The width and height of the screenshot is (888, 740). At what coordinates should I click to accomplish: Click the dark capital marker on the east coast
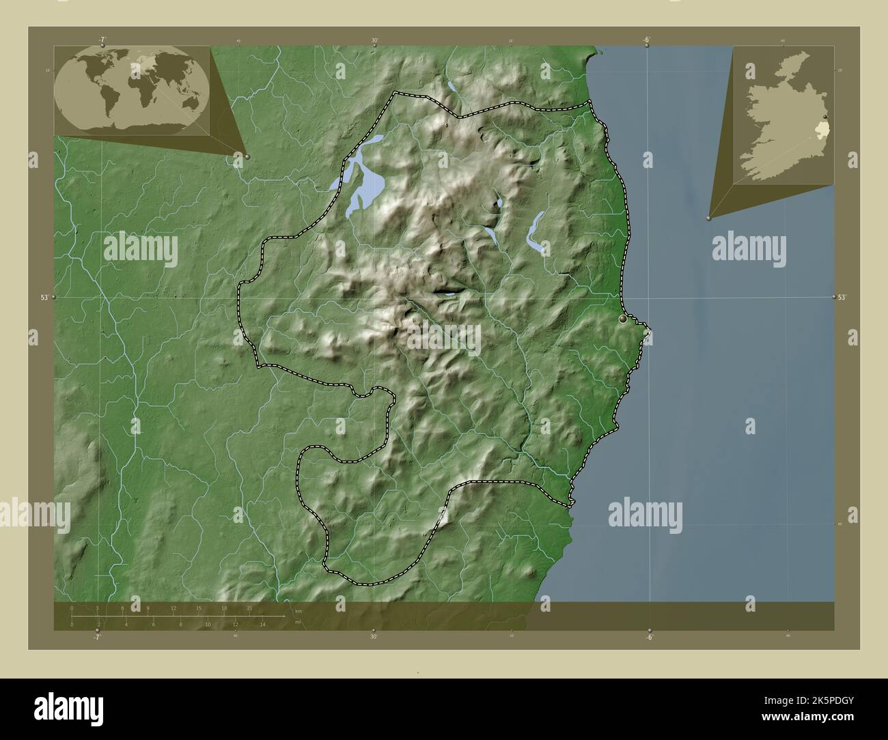622,319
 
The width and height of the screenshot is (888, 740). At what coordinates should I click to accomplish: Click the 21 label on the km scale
249,608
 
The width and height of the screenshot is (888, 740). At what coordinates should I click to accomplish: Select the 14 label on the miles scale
262,624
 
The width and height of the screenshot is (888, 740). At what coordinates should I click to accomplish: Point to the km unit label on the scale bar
298,611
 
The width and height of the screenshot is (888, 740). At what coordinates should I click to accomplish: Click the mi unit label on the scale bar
298,622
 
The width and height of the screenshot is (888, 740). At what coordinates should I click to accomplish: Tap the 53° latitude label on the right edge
842,297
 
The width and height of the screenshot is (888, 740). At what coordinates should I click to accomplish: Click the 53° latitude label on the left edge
44,298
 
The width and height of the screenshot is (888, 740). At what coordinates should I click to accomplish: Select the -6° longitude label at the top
646,39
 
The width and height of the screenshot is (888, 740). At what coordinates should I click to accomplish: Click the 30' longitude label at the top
374,40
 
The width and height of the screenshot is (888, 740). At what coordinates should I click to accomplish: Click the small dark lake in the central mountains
447,292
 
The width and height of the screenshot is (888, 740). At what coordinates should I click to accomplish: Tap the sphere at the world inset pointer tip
247,156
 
